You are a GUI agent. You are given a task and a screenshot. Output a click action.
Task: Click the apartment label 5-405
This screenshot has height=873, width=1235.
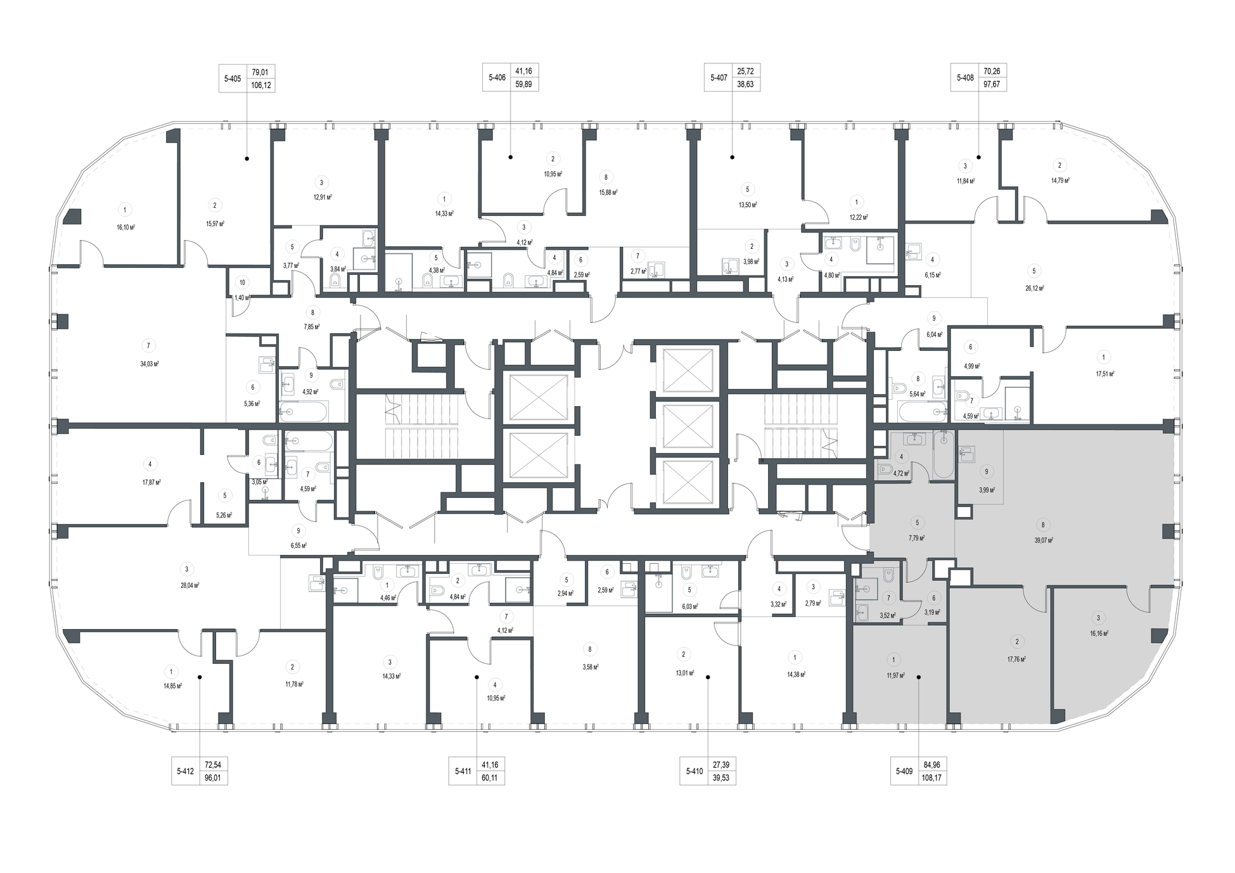click(x=233, y=79)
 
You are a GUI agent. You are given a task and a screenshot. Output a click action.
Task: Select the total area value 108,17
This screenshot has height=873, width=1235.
click(x=933, y=777)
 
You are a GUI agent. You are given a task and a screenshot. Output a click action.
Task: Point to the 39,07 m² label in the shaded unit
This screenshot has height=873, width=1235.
click(x=1044, y=540)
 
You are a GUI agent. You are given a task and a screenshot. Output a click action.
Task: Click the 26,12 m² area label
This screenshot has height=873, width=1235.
click(x=1035, y=288)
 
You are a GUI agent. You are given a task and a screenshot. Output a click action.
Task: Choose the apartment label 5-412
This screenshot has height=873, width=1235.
click(x=186, y=771)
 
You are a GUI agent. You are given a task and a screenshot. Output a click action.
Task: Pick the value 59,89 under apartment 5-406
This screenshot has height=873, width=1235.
click(x=523, y=84)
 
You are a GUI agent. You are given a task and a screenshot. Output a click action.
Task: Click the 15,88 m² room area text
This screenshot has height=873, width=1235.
click(x=608, y=193)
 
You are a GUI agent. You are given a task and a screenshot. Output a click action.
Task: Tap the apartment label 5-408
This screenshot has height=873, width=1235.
click(x=965, y=78)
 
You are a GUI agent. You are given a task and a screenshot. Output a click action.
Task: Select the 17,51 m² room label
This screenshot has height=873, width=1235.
click(x=1105, y=374)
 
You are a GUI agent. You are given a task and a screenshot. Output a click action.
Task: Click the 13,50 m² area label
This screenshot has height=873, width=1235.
click(x=748, y=205)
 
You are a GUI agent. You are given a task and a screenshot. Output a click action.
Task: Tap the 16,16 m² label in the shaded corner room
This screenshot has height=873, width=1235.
click(x=1099, y=633)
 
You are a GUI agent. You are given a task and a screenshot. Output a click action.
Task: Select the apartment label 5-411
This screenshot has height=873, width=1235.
click(x=463, y=771)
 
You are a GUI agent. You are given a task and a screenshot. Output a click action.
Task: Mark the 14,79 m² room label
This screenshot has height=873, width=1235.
click(x=1060, y=181)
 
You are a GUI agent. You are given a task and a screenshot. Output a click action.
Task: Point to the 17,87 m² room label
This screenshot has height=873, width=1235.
click(x=151, y=482)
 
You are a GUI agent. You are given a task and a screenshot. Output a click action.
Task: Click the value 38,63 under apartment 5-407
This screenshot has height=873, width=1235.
click(x=746, y=84)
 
